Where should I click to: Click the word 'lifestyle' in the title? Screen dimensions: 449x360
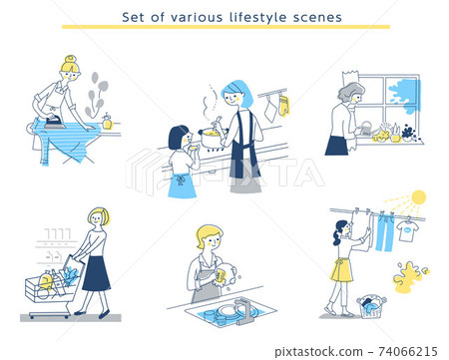(x=257, y=17)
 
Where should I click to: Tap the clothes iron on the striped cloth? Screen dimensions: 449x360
(x=54, y=121)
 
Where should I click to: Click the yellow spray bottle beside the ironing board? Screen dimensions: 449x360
(x=107, y=122)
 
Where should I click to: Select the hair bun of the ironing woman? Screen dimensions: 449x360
(x=71, y=59)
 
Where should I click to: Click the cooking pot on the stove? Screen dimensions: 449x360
(x=213, y=137)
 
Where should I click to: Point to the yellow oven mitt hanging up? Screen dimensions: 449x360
(x=283, y=106)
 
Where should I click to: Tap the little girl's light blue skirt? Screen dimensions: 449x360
(x=182, y=185)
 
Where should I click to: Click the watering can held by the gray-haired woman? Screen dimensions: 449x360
(x=365, y=129)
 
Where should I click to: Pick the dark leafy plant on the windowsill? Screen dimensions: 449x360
(x=408, y=132)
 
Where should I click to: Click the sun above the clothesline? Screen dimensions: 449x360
(x=418, y=197)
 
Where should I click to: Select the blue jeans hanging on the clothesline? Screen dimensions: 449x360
(x=385, y=232)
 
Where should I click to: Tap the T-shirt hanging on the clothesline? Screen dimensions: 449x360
(x=407, y=229)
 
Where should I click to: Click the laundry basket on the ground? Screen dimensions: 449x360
(x=372, y=306)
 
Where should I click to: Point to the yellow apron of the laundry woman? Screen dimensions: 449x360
(x=342, y=270)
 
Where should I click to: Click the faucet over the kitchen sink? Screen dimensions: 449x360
(x=244, y=310)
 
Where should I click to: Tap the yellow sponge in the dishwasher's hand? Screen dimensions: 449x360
(x=220, y=276)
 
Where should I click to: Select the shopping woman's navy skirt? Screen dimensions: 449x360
(x=96, y=273)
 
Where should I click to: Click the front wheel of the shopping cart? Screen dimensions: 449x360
(x=32, y=316)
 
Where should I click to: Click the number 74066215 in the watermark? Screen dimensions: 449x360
(x=408, y=351)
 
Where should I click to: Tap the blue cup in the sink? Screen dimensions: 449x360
(x=209, y=316)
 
